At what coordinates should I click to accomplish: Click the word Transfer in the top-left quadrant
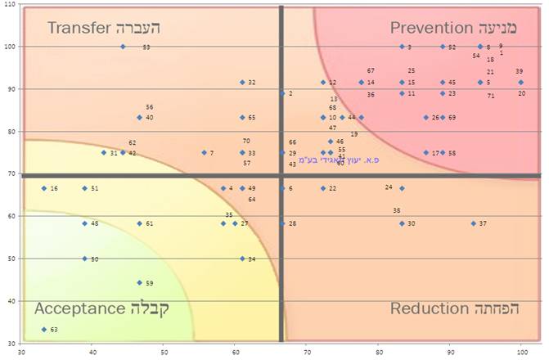point(79,28)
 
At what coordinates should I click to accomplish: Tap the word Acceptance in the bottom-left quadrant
point(79,308)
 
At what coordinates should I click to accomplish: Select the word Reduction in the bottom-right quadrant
point(429,308)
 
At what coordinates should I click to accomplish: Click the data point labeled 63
point(44,330)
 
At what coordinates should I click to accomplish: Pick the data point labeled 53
point(123,47)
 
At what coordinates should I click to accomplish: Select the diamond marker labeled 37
point(473,223)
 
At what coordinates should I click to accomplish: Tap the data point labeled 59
point(139,283)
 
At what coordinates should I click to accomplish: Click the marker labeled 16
point(44,188)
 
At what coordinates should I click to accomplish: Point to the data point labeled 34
point(242,259)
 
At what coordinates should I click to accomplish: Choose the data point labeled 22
point(322,188)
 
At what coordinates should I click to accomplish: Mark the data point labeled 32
point(242,83)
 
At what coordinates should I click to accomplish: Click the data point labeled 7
point(204,153)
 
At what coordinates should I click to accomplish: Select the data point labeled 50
point(84,259)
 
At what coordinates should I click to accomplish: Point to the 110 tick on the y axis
point(11,4)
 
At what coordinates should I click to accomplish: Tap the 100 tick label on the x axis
point(521,352)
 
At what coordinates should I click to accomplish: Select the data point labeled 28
point(282,223)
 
